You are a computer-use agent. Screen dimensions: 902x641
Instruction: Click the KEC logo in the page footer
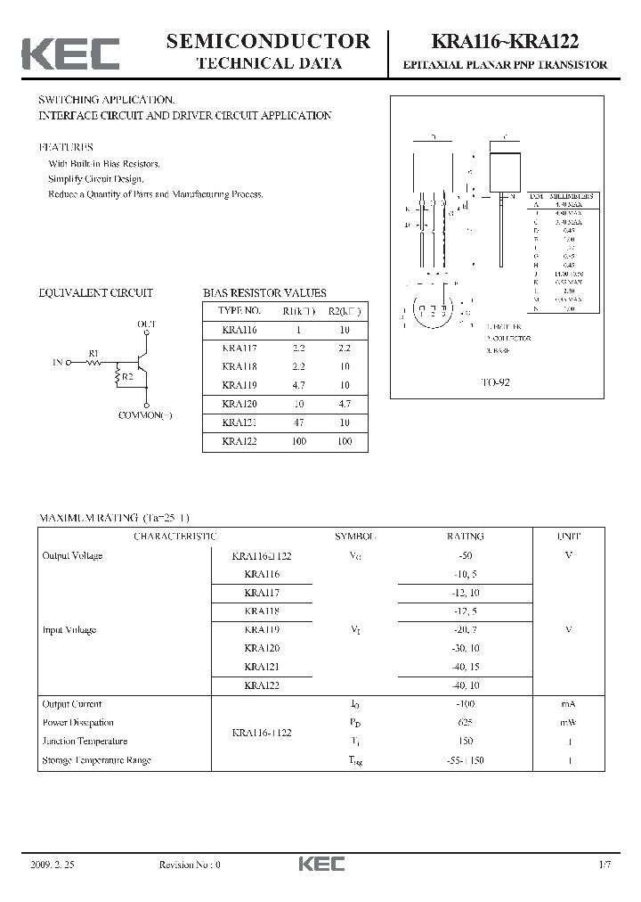[x=320, y=864]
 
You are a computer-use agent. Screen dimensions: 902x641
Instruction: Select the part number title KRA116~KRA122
[x=506, y=42]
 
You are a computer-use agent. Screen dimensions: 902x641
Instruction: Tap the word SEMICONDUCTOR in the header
[x=269, y=41]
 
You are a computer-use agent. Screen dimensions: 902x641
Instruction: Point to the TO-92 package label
[x=496, y=382]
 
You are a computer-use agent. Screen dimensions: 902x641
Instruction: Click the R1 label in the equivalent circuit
[x=93, y=354]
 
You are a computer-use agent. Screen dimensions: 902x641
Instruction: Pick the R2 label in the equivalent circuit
[x=128, y=377]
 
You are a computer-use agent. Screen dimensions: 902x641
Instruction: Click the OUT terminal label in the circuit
[x=147, y=324]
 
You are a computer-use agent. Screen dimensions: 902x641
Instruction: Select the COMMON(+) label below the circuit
[x=145, y=415]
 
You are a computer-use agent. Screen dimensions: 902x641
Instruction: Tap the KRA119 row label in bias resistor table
[x=239, y=385]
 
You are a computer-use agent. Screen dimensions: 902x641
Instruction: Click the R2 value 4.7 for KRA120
[x=345, y=404]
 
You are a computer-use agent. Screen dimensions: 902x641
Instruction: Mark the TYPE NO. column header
[x=239, y=311]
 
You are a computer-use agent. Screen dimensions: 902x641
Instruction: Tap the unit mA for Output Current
[x=569, y=704]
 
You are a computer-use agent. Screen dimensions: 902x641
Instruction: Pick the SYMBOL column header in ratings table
[x=355, y=537]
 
